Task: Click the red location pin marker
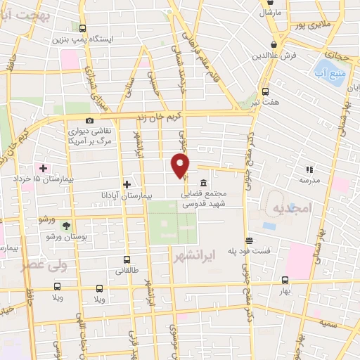click(181, 166)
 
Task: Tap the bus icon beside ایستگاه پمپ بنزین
click(83, 29)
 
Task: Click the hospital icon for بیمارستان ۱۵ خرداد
click(44, 169)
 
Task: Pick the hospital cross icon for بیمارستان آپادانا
click(127, 184)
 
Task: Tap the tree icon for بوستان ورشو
click(66, 226)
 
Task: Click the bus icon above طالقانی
click(127, 259)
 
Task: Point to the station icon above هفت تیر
click(265, 91)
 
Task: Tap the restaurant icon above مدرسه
click(309, 169)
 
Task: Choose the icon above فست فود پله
click(247, 240)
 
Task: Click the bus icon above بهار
click(285, 279)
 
